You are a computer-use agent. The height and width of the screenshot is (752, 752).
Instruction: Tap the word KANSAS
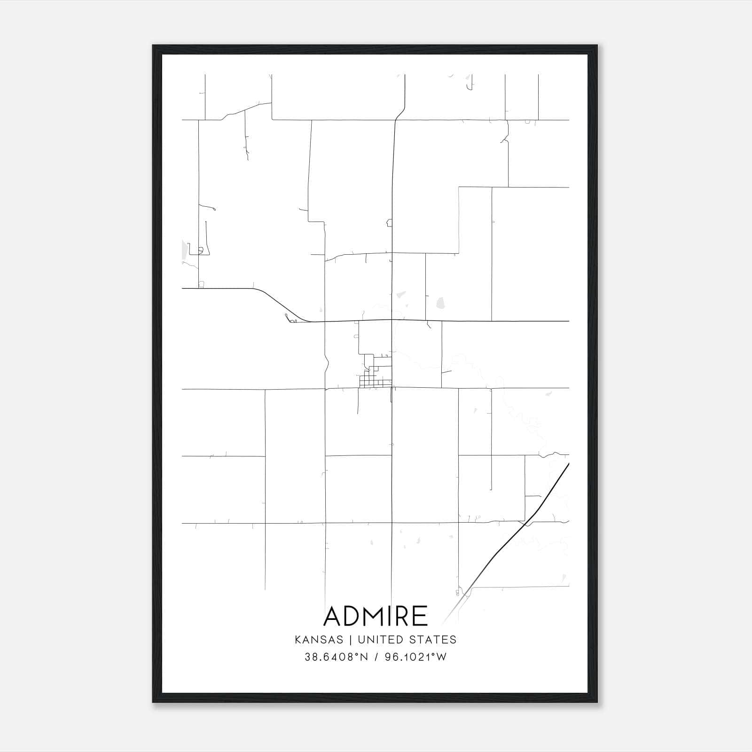321,640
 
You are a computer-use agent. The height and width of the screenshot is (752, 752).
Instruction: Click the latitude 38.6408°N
336,657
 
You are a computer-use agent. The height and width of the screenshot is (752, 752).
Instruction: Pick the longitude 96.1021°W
415,657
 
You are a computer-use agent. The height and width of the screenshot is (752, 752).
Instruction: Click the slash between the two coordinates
376,657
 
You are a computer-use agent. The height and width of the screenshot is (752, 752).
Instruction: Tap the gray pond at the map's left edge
184,250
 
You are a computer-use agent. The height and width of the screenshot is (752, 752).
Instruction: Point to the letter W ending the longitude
442,657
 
